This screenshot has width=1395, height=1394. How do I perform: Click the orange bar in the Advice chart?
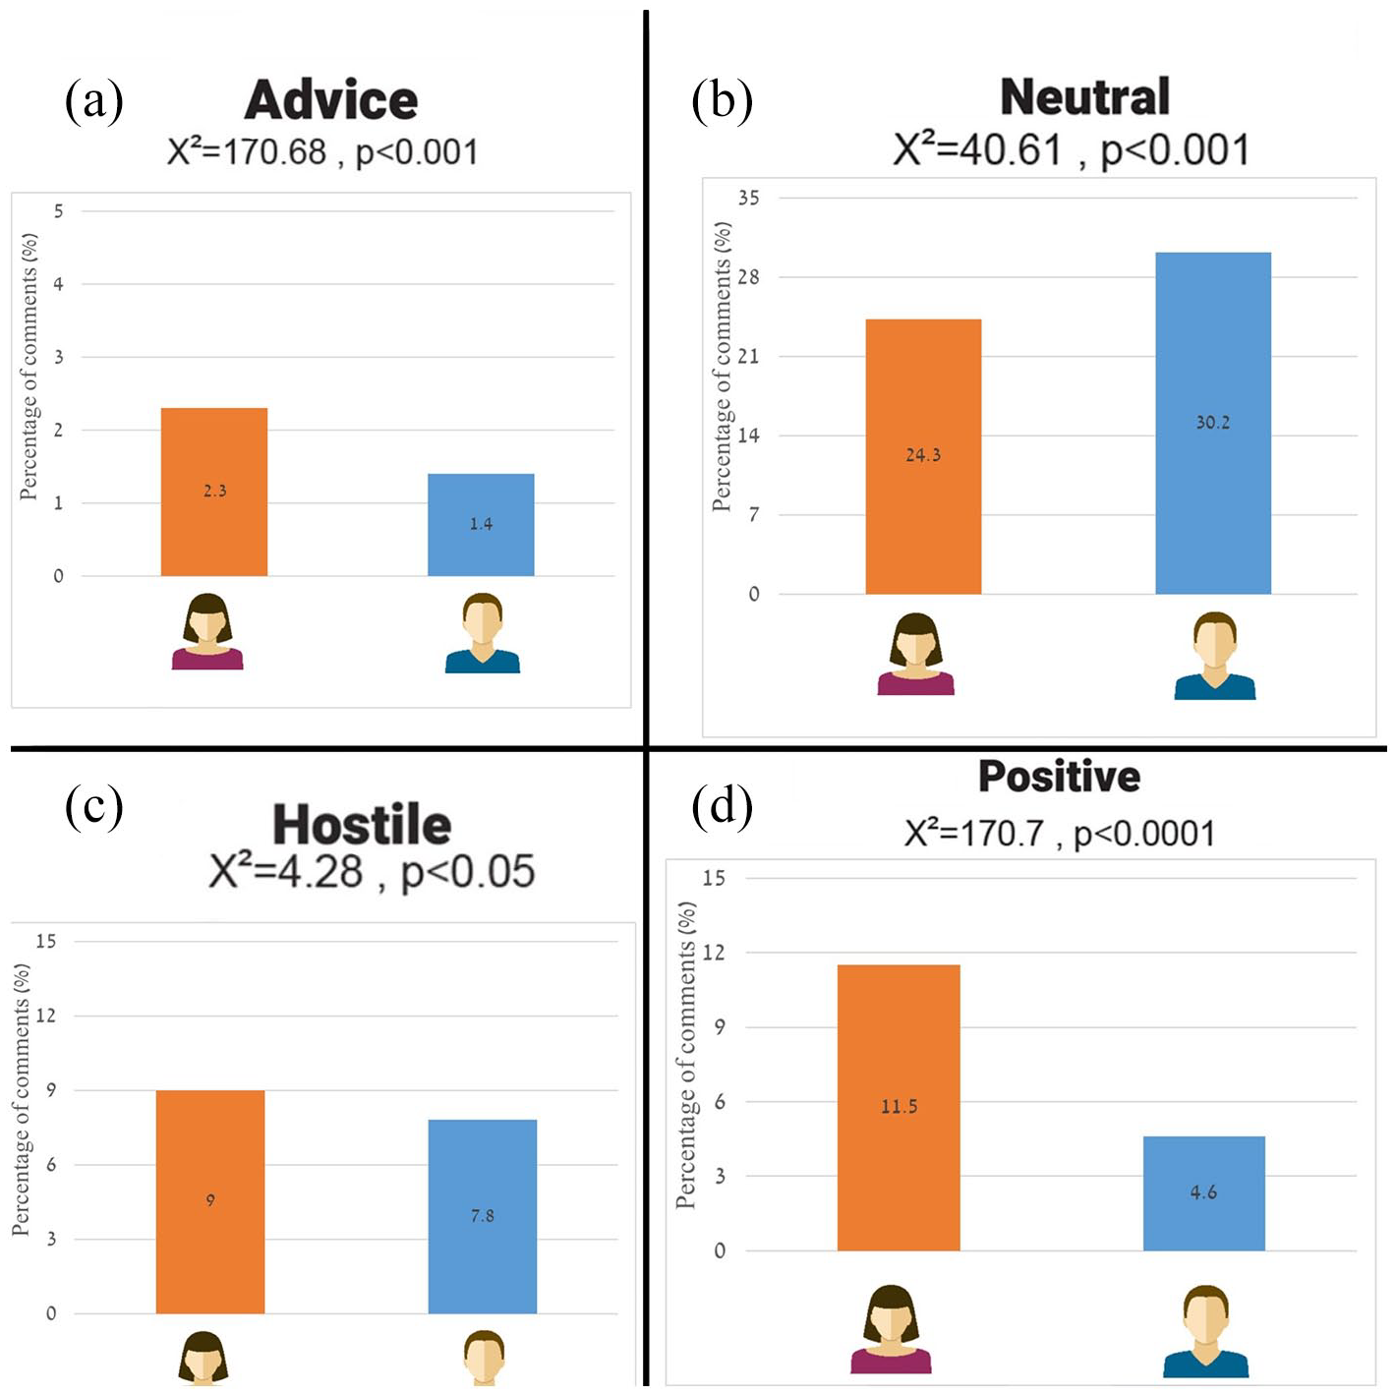(x=214, y=492)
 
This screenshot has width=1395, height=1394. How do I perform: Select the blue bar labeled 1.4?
(x=481, y=525)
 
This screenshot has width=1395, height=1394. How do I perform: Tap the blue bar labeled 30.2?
(x=1212, y=423)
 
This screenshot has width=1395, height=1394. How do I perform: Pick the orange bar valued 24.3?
(x=923, y=456)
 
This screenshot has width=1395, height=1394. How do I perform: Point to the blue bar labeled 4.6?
(x=1204, y=1193)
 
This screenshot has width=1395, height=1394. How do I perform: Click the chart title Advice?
(x=331, y=100)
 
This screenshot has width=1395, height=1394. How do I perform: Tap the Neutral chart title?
(x=1084, y=97)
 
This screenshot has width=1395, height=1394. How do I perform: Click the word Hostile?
(x=362, y=825)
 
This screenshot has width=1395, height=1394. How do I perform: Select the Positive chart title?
(x=1059, y=777)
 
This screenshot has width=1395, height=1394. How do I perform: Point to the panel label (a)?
(x=94, y=101)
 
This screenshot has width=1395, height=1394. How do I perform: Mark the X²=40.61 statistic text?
(x=977, y=149)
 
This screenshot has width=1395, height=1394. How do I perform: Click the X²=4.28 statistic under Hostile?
(x=285, y=870)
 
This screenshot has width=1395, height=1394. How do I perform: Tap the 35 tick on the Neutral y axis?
(x=748, y=198)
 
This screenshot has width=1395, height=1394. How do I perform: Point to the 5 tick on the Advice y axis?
(x=59, y=211)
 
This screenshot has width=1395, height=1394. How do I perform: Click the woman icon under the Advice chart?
(x=207, y=631)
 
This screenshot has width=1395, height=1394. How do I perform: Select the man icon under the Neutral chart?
(x=1215, y=656)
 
